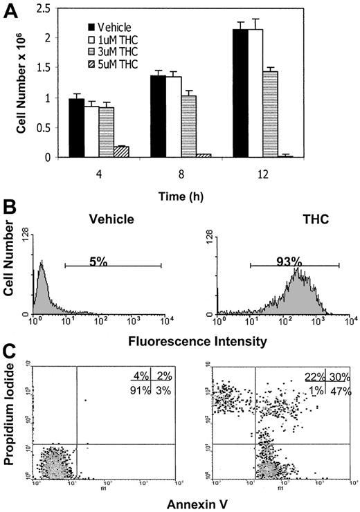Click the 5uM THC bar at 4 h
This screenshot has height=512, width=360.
[x=122, y=152]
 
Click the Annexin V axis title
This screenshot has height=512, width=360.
[x=185, y=502]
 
